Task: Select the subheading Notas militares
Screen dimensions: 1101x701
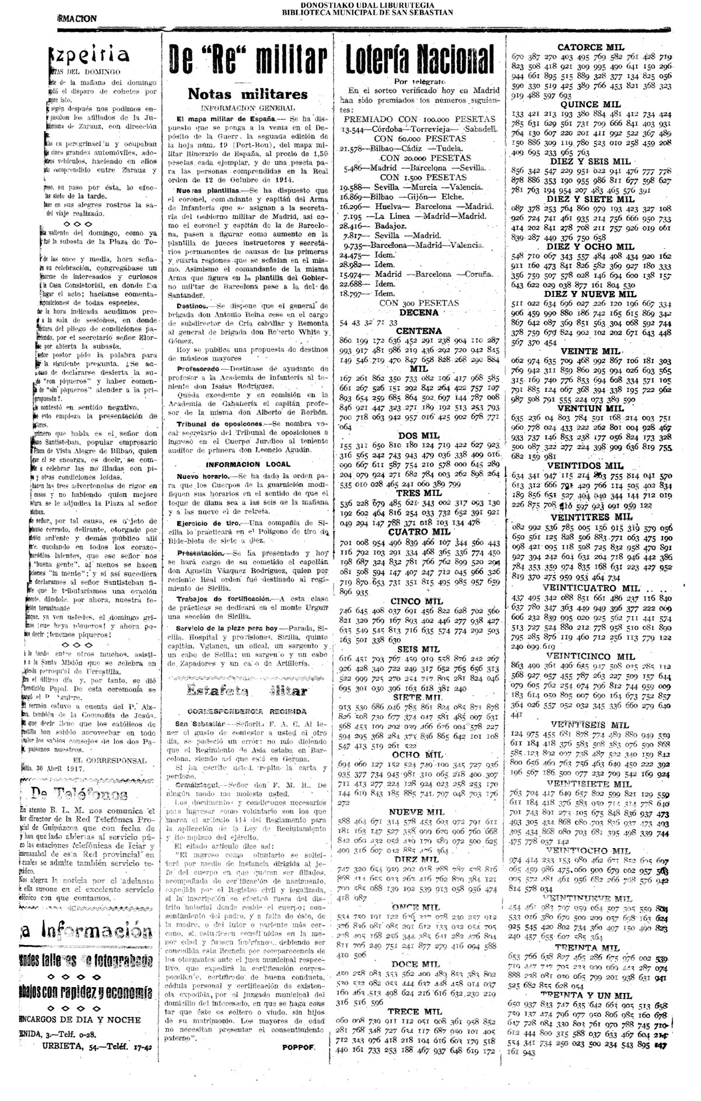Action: pos(247,93)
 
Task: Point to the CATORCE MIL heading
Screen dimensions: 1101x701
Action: pos(591,47)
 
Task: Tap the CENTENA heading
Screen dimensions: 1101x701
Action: pos(419,331)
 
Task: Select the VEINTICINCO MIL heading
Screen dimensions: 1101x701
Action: pos(592,656)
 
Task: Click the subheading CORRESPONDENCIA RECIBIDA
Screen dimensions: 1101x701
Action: pos(247,712)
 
